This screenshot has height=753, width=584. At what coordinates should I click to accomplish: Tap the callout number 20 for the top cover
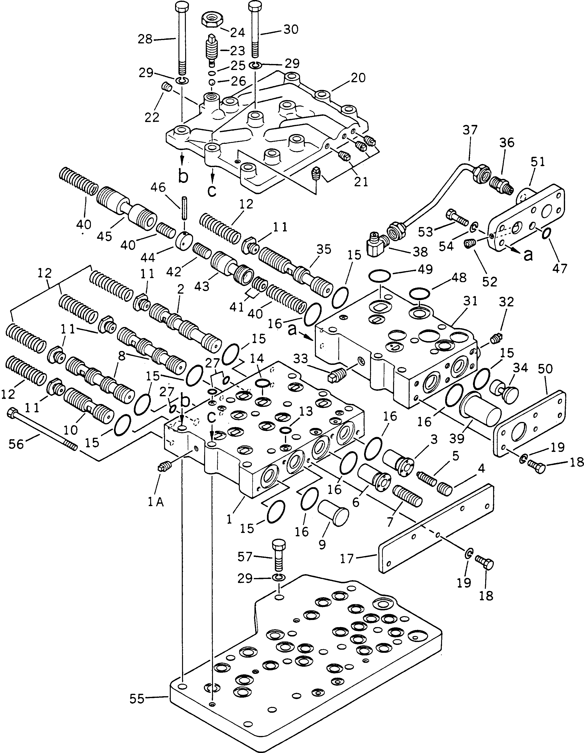[358, 78]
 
